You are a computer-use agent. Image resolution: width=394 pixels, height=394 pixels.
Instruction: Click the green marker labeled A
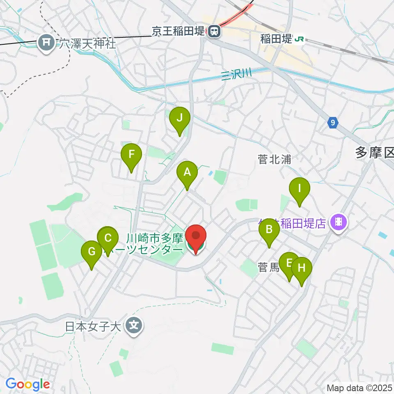pos(187,172)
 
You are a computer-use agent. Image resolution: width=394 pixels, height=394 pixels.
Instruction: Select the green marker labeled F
pos(131,155)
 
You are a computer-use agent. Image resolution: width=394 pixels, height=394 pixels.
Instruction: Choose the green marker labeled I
pos(300,189)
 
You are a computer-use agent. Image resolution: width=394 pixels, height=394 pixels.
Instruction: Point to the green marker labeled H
pos(302,268)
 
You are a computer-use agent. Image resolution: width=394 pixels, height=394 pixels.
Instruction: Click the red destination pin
pos(196,237)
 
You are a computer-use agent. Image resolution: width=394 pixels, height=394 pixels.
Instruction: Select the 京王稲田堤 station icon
pos(213,31)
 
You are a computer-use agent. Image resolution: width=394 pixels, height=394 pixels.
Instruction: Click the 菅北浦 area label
pos(275,160)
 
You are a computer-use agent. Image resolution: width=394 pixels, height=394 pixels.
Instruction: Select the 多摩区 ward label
pos(374,153)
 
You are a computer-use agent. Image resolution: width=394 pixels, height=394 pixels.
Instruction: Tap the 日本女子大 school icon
pos(134,327)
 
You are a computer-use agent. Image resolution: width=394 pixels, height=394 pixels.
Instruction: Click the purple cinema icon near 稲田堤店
pos(340,223)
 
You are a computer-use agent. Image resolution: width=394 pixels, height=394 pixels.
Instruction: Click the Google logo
pos(27,385)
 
